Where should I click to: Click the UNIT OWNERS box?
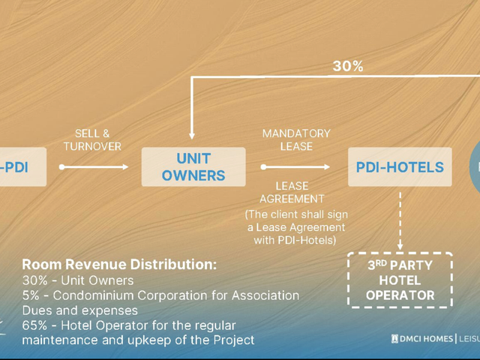coord(193,166)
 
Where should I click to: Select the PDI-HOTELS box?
coord(400,166)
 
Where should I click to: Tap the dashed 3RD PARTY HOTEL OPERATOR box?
coord(400,280)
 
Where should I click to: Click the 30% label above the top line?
coord(348,66)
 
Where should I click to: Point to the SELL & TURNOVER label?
coord(92,140)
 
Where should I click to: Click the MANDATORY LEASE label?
coord(296,140)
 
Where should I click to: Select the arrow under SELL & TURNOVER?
coord(94,166)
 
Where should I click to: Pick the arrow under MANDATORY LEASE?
coord(295,166)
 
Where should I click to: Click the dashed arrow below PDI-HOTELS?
coord(400,221)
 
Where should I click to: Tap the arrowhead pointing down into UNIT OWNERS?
coord(192,136)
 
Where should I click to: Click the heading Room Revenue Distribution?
coord(119,265)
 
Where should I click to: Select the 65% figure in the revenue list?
coord(34,325)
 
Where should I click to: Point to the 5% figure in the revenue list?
coord(31,295)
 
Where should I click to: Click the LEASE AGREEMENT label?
coord(292,193)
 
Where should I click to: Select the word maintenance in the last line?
coord(60,340)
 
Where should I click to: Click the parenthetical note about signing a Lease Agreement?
coord(296,227)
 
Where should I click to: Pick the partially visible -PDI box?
coord(22,166)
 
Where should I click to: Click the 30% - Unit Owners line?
coord(78,280)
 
